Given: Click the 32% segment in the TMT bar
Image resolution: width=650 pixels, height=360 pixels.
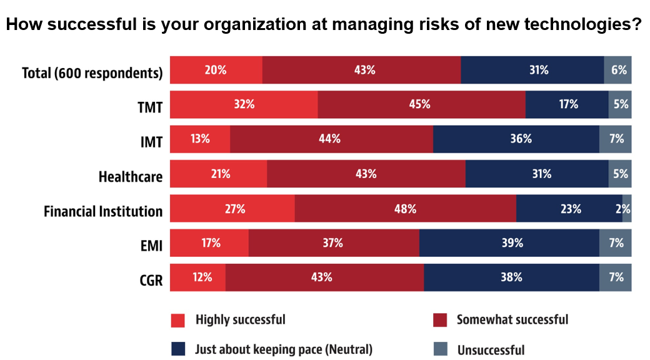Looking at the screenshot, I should coord(244,104).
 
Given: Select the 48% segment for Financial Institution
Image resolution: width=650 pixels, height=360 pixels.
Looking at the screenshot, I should coord(405,209).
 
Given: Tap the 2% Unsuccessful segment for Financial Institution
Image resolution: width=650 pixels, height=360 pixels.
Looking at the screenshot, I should coord(626,209).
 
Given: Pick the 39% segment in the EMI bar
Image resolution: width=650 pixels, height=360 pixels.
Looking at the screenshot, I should coord(509,243).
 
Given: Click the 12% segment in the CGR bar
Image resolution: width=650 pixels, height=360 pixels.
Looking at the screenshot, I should coord(197,277).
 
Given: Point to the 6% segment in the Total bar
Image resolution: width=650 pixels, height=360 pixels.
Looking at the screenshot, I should coord(617,70).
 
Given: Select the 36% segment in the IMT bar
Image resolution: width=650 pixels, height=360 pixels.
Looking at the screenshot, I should coord(516,139).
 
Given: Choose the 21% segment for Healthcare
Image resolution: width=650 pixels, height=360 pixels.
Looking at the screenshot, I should coord(218,174).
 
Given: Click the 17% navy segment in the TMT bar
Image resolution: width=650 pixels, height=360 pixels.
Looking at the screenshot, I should coord(567,104).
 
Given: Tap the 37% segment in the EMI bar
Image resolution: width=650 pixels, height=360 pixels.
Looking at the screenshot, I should coord(334,243).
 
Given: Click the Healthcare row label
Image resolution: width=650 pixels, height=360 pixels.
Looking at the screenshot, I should coord(131,177).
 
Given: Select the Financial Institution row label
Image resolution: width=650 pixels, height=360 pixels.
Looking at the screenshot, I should coord(103,212).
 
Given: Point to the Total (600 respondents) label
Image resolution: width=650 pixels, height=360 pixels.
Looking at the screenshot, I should coord(92,73).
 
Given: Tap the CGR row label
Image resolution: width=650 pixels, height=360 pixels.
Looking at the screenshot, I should coord(151,281).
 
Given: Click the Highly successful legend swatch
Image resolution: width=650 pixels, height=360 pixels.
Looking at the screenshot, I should coord(178,320).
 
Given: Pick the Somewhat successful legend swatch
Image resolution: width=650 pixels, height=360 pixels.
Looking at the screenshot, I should coord(440,320).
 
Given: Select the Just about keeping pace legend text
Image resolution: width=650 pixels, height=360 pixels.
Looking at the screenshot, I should coord(284,349).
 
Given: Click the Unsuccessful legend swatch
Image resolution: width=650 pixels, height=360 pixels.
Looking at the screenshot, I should coord(440,349).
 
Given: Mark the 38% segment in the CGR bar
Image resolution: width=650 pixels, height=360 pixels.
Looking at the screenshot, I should coord(511,277).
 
